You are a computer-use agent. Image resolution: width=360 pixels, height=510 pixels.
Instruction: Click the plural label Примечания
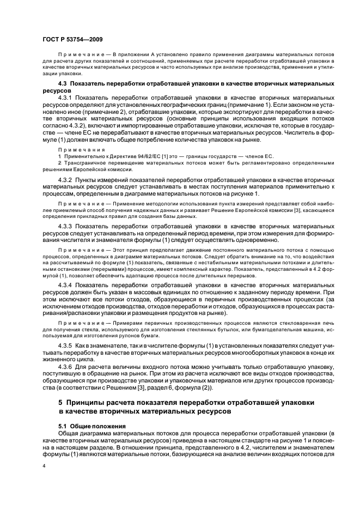coord(76,149)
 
